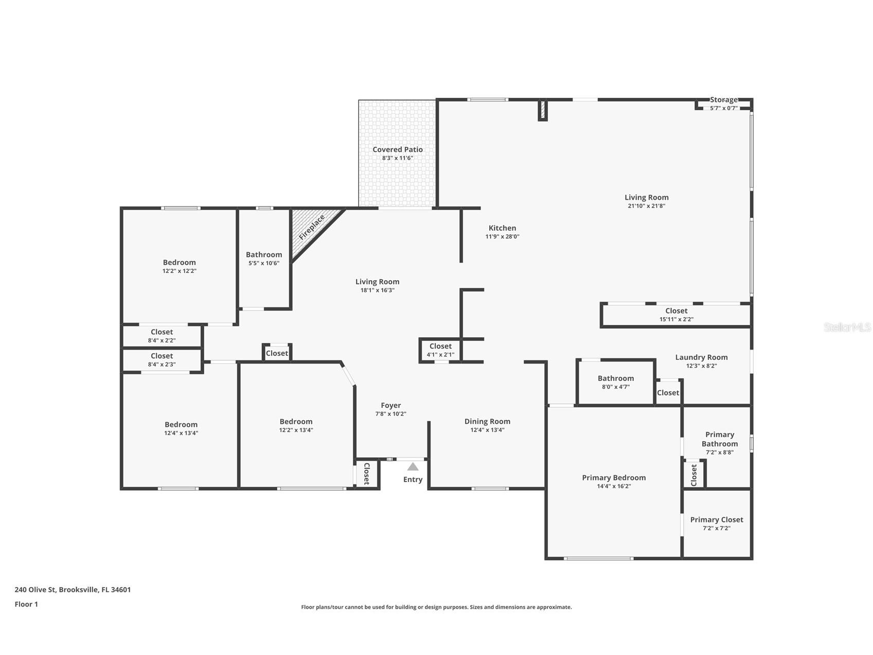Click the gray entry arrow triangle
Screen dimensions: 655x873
413,467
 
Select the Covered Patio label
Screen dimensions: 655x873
398,150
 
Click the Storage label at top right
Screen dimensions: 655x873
724,100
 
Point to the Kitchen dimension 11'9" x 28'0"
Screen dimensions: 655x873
502,237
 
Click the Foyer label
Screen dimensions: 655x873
391,405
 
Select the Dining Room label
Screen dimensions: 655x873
487,421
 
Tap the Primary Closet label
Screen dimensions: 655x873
717,520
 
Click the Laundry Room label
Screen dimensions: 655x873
701,357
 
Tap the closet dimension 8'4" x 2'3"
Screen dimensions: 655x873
162,365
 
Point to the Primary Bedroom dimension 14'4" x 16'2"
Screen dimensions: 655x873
614,486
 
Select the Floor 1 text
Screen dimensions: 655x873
26,604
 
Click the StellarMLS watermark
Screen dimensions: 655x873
847,327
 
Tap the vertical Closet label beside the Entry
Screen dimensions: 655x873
367,474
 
